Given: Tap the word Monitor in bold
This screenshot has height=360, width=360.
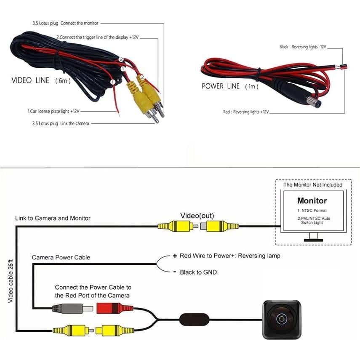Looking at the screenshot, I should pyautogui.click(x=312, y=201).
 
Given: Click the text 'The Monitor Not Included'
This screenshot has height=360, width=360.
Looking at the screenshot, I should pyautogui.click(x=312, y=185).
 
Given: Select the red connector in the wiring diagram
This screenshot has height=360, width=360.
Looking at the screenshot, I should pyautogui.click(x=109, y=308).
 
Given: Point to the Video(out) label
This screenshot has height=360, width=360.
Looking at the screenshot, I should pyautogui.click(x=197, y=216).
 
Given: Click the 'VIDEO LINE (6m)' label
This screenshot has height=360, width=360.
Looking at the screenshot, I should pyautogui.click(x=41, y=80).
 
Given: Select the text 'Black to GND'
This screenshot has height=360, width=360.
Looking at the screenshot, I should pyautogui.click(x=198, y=272).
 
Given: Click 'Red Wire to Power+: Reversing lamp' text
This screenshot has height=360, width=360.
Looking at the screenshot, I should pyautogui.click(x=229, y=256).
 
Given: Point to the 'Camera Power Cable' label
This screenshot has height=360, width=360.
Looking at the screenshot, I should pyautogui.click(x=61, y=257).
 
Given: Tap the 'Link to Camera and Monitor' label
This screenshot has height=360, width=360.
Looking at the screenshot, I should pyautogui.click(x=53, y=218).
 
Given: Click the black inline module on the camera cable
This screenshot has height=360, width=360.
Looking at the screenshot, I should pyautogui.click(x=195, y=319).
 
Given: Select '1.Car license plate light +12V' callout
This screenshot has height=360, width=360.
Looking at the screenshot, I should pyautogui.click(x=53, y=112).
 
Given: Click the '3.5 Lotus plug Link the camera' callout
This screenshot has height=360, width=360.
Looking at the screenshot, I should pyautogui.click(x=60, y=123).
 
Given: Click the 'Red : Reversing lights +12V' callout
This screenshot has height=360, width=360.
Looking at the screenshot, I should pyautogui.click(x=246, y=112).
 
